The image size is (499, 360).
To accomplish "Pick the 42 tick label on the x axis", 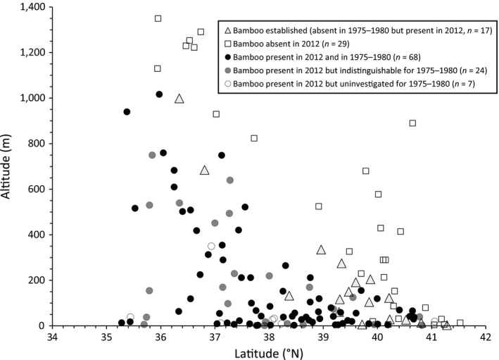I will [486, 336].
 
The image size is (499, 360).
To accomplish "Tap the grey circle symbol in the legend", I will [227, 70].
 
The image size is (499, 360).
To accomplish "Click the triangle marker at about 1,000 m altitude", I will [179, 99].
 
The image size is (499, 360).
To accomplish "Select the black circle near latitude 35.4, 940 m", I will [127, 111].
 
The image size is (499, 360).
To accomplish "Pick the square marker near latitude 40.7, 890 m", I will [412, 123].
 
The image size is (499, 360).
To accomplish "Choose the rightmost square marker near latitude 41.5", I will [460, 323].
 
